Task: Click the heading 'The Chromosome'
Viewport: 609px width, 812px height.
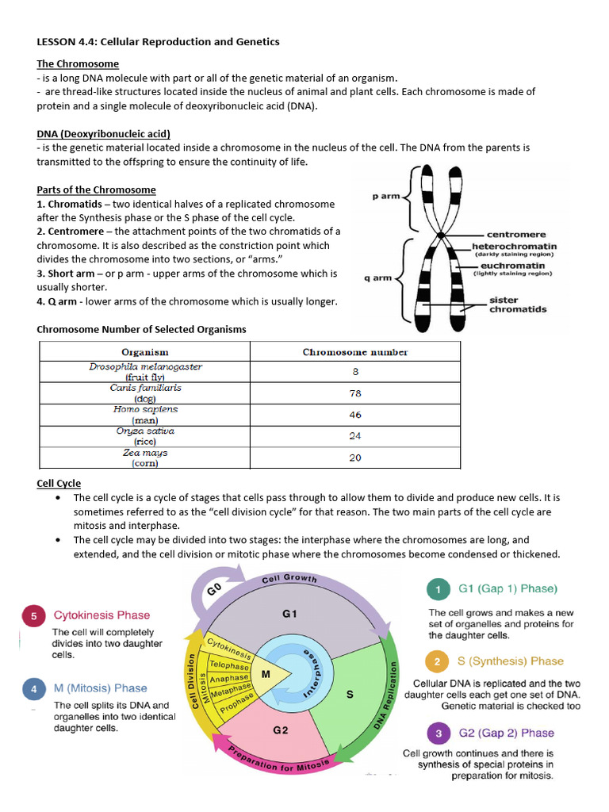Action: pyautogui.click(x=78, y=63)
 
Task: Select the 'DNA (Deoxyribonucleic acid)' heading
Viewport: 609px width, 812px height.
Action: pyautogui.click(x=103, y=134)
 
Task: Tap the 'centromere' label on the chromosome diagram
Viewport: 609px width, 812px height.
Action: pyautogui.click(x=515, y=235)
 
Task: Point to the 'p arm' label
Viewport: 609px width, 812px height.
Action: pyautogui.click(x=386, y=196)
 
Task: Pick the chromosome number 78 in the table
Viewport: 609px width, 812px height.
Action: pyautogui.click(x=355, y=393)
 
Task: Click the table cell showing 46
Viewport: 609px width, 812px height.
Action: pyautogui.click(x=355, y=414)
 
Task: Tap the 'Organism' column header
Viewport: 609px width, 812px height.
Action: pyautogui.click(x=144, y=351)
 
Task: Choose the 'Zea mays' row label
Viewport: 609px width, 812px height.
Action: pyautogui.click(x=145, y=453)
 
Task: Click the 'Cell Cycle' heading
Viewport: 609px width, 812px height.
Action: pyautogui.click(x=59, y=483)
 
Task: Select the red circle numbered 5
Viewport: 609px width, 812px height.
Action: pyautogui.click(x=33, y=616)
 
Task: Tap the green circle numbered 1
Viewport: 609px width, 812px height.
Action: pyautogui.click(x=438, y=589)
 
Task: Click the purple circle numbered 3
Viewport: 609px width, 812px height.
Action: pyautogui.click(x=438, y=733)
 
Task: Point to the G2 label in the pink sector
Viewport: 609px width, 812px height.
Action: pyautogui.click(x=280, y=730)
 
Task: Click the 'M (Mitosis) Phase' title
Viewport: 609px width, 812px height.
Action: pyautogui.click(x=100, y=688)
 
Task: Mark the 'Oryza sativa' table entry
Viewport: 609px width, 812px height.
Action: pyautogui.click(x=145, y=431)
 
